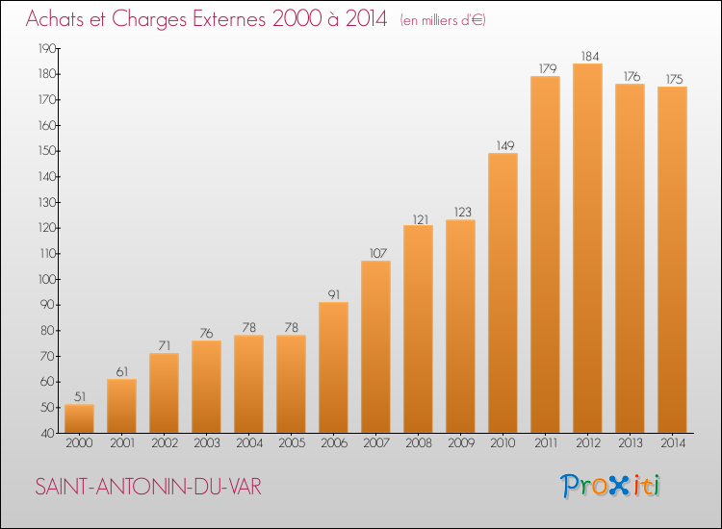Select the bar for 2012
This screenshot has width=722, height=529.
pyautogui.click(x=587, y=248)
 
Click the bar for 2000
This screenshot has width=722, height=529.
pyautogui.click(x=79, y=418)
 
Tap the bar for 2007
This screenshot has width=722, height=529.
pyautogui.click(x=375, y=347)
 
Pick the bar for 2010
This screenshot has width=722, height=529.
pyautogui.click(x=503, y=293)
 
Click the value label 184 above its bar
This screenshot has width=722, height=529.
pyautogui.click(x=590, y=56)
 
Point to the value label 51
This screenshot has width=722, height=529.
pyautogui.click(x=80, y=396)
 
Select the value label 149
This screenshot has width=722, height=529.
pyautogui.click(x=505, y=145)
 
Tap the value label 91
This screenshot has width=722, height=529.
pyautogui.click(x=334, y=294)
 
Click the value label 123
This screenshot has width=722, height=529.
pyautogui.click(x=463, y=212)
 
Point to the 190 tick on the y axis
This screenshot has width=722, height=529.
pyautogui.click(x=47, y=48)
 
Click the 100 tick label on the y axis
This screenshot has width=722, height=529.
pyautogui.click(x=47, y=279)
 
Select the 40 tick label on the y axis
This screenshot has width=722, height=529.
pyautogui.click(x=48, y=434)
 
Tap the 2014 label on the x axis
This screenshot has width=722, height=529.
pyautogui.click(x=673, y=443)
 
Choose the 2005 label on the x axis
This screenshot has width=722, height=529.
pyautogui.click(x=292, y=443)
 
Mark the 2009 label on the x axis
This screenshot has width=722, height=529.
pyautogui.click(x=461, y=443)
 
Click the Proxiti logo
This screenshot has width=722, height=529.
pyautogui.click(x=609, y=486)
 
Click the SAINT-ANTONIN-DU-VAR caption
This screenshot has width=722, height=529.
pyautogui.click(x=148, y=487)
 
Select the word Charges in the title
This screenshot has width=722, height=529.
pyautogui.click(x=149, y=19)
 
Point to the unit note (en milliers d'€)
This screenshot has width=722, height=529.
pyautogui.click(x=443, y=20)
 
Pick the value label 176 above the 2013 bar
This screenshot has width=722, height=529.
pyautogui.click(x=632, y=76)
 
